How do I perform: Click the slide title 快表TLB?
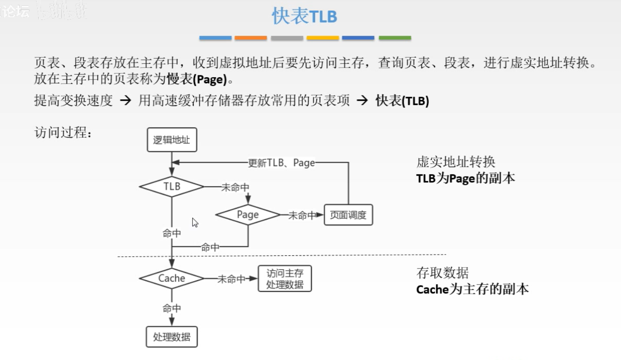click(x=304, y=17)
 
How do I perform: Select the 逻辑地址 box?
click(x=172, y=140)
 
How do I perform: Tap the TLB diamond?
click(x=172, y=187)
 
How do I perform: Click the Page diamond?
click(x=248, y=214)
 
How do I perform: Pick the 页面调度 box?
click(x=348, y=215)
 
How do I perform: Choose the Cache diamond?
click(x=172, y=278)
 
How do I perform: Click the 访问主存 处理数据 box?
click(x=285, y=279)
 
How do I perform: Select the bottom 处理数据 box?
click(x=172, y=337)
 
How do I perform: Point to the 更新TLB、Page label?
click(x=281, y=163)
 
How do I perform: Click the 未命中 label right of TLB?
click(x=235, y=187)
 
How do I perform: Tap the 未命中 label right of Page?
click(x=302, y=215)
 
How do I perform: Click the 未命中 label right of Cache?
click(x=231, y=279)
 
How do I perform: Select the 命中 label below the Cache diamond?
click(x=172, y=309)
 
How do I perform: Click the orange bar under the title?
click(x=251, y=38)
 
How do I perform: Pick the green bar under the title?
click(x=395, y=38)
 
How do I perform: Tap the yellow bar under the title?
click(x=322, y=38)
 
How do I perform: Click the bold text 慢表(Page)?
click(x=199, y=80)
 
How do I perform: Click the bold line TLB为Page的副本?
click(x=465, y=178)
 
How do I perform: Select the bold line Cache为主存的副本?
click(x=472, y=289)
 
